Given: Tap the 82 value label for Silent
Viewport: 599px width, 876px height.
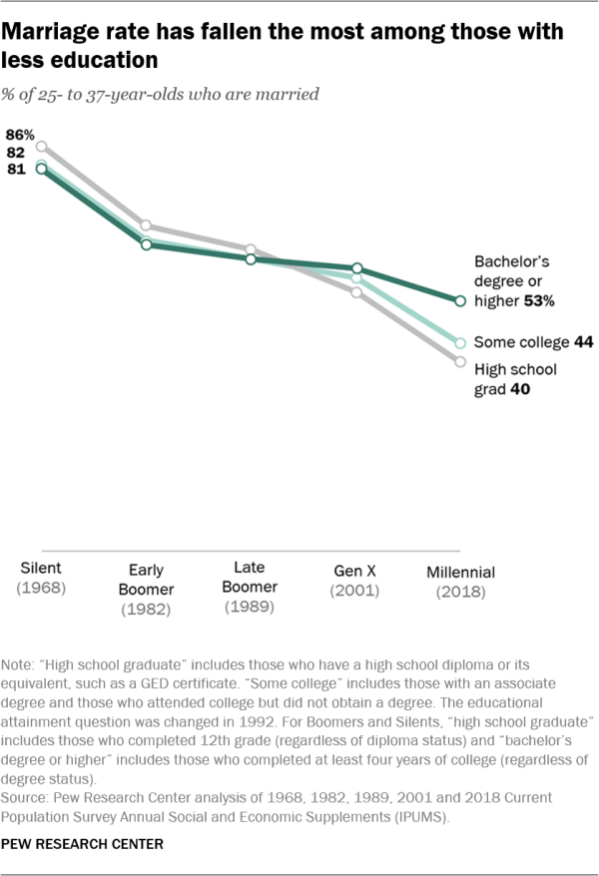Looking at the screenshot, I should coord(17,152).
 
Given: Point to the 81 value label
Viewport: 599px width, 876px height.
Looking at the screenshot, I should coord(17,170).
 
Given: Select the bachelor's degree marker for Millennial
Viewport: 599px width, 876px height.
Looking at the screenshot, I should coord(460,300).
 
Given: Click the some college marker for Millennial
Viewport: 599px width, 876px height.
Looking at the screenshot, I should coord(460,342).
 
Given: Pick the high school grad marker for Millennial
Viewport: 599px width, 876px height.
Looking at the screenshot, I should coord(460,362).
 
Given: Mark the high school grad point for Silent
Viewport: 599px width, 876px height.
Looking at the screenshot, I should coord(41,146).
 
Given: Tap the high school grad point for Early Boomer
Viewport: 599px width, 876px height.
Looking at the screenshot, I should coord(146,225).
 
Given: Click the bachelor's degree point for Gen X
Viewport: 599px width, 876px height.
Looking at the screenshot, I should coord(356,268).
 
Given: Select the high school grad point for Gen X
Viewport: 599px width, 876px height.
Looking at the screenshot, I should coord(356,291).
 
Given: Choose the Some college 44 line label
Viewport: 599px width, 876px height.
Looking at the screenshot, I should coord(534,342).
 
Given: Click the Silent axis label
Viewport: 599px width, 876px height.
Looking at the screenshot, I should coord(41,570).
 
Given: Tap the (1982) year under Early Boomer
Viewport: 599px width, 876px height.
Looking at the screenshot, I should coord(146,609).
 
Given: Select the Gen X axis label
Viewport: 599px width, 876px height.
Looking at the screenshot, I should coord(356,572).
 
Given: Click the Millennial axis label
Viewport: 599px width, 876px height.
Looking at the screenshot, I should coord(460,572).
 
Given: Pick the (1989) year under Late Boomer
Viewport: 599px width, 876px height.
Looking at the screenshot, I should coord(250,606).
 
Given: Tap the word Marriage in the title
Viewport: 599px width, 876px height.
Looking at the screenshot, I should coord(57,32).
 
